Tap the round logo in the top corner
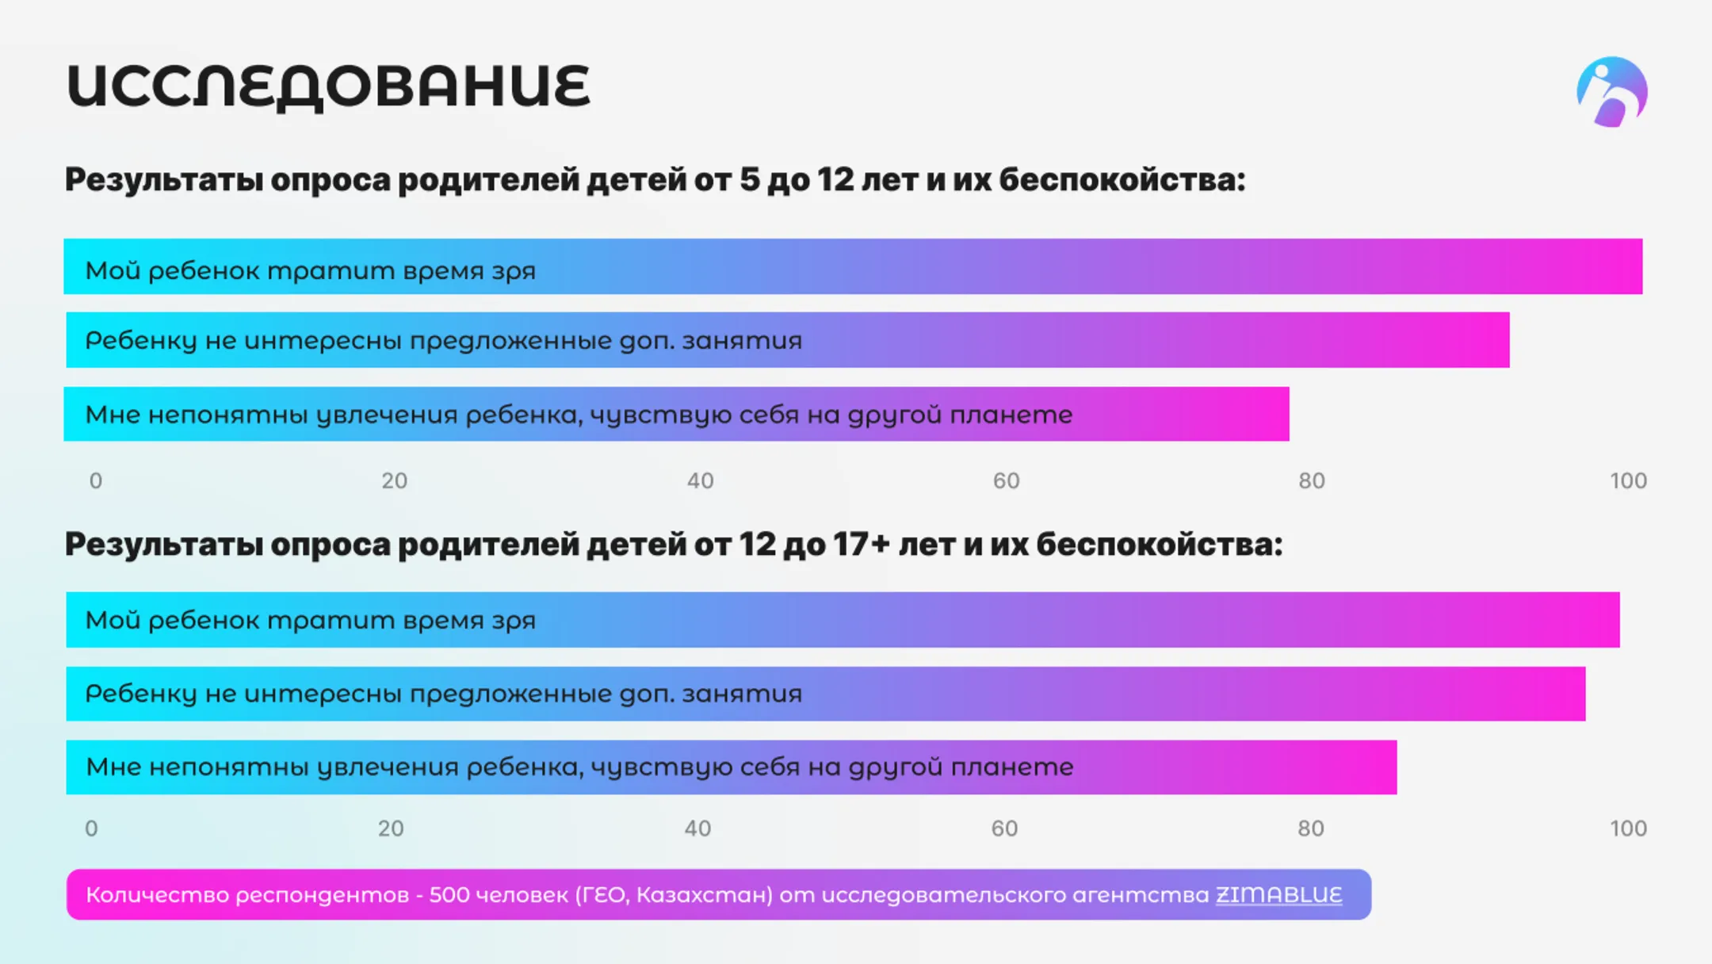pos(1611,92)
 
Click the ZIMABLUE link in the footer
pos(1278,895)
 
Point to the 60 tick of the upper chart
pos(1006,480)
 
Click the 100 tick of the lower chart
pos(1628,828)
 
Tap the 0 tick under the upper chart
pos(96,480)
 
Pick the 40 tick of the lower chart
pos(697,828)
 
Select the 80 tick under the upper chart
pos(1311,480)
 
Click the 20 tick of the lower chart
pos(391,828)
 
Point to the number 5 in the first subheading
pos(749,180)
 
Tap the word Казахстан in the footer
pos(704,895)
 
